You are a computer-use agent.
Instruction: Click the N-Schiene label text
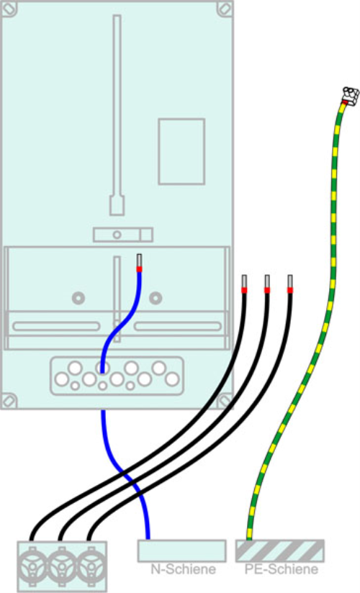pos(183,570)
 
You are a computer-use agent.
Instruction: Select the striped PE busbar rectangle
pos(280,551)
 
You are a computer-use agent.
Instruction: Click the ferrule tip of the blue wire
pos(139,260)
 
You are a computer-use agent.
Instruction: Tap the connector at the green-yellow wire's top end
pos(350,94)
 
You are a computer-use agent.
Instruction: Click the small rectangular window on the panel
pos(181,151)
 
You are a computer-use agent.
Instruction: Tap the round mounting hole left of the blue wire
pos(78,297)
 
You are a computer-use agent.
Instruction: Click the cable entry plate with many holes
pos(116,375)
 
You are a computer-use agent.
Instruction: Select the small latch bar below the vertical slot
pos(123,235)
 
